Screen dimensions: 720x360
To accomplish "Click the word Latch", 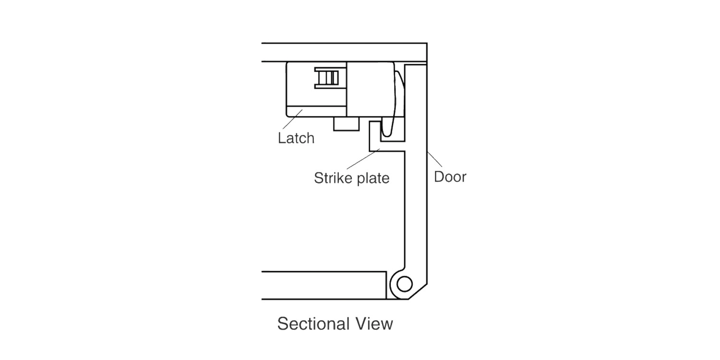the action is pyautogui.click(x=296, y=138).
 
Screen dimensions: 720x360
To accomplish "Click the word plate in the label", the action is pyautogui.click(x=373, y=179).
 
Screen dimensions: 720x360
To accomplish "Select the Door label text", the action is pyautogui.click(x=450, y=177).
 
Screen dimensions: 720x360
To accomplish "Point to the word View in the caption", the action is pyautogui.click(x=374, y=324).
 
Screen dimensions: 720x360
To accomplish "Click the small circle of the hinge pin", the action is pyautogui.click(x=405, y=284).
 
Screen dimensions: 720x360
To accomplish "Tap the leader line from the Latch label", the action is pyautogui.click(x=293, y=119).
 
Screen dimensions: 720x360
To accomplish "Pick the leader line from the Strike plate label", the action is pyautogui.click(x=363, y=159).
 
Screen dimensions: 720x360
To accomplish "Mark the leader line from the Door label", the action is pyautogui.click(x=434, y=159).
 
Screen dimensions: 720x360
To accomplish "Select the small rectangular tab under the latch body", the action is pyautogui.click(x=346, y=124).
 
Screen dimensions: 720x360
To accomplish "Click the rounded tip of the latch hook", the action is pyautogui.click(x=387, y=132).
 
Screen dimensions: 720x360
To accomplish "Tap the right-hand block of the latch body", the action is pyautogui.click(x=370, y=89).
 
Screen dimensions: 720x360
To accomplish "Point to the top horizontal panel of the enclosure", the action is pyautogui.click(x=344, y=52).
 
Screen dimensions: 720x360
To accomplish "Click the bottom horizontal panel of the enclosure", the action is pyautogui.click(x=324, y=286).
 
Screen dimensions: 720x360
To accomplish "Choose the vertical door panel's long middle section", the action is pyautogui.click(x=416, y=167).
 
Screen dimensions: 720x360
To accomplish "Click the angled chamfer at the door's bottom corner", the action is pyautogui.click(x=418, y=291).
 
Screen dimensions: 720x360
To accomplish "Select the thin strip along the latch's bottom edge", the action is pyautogui.click(x=316, y=111).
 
